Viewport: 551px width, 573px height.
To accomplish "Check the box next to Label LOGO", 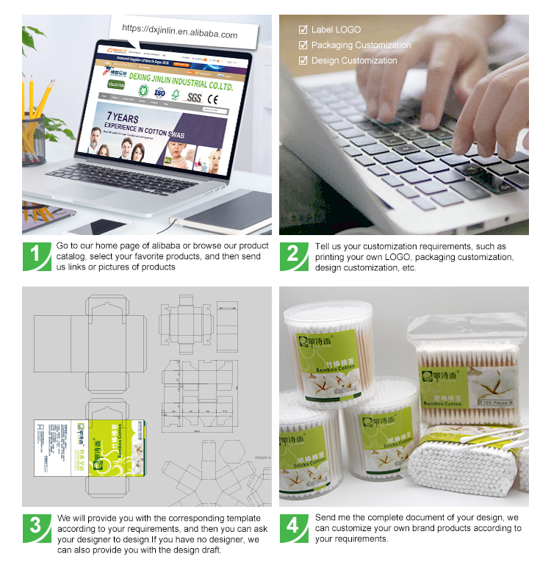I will point(303,30).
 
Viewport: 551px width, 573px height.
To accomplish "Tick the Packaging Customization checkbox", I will point(303,46).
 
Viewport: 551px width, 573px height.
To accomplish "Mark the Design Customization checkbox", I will point(303,61).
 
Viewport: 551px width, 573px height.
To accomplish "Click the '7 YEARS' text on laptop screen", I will point(123,117).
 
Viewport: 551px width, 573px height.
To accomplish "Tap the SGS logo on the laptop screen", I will point(194,97).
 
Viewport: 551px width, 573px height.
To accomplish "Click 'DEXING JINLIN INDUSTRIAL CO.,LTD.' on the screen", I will point(180,86).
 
